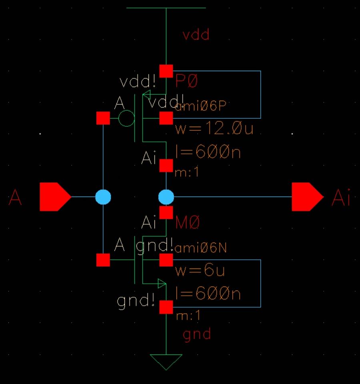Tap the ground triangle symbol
pos(166,361)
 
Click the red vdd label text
pos(196,35)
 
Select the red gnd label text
pos(197,334)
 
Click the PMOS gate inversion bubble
pos(126,118)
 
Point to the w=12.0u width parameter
pos(214,129)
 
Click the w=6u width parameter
pos(200,271)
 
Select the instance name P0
pos(187,82)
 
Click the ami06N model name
pos(201,248)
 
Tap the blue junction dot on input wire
pos(103,197)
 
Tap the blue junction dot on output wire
pos(166,197)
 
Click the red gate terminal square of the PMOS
pos(103,118)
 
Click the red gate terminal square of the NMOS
pos(103,260)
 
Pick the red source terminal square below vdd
pos(166,71)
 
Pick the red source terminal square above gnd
pos(166,307)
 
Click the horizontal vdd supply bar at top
pos(166,8)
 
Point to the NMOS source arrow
pos(161,284)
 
